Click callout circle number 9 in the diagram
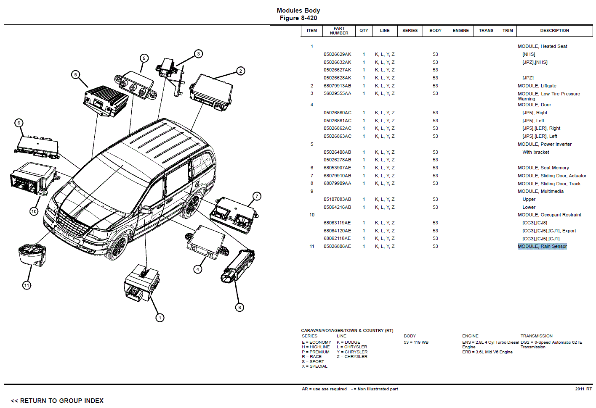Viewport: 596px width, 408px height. [144, 58]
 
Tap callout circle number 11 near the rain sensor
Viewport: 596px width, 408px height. [27, 285]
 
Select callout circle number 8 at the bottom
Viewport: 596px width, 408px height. [239, 307]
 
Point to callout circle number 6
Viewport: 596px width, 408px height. [19, 123]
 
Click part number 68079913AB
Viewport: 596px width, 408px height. [337, 86]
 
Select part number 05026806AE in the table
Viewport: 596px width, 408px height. [337, 246]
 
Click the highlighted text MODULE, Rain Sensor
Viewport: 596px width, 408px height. [542, 246]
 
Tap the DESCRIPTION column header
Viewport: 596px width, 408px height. [554, 31]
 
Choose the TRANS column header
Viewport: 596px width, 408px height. [486, 31]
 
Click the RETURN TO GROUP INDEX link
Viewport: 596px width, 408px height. [57, 400]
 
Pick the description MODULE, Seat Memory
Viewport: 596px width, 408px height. [543, 168]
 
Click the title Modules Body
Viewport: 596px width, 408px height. [298, 11]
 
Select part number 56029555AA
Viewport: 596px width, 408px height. [337, 94]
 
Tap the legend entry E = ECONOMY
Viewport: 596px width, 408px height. [316, 342]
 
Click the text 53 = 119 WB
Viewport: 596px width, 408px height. [416, 342]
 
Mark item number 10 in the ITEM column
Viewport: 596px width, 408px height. [312, 215]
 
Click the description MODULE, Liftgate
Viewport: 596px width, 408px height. [537, 86]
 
